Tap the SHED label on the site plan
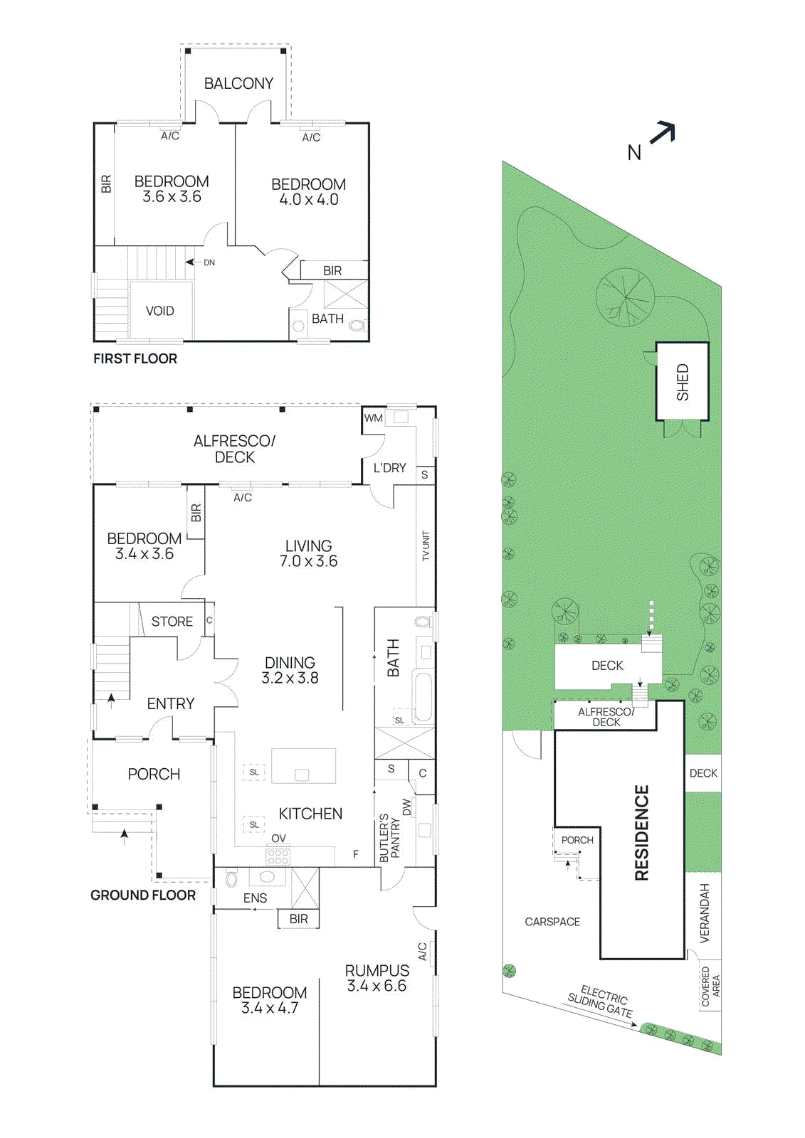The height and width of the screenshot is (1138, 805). pyautogui.click(x=683, y=382)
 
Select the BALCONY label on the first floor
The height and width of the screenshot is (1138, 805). pyautogui.click(x=238, y=84)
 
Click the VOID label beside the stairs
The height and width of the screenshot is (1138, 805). pyautogui.click(x=159, y=311)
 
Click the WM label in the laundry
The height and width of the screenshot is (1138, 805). pyautogui.click(x=373, y=418)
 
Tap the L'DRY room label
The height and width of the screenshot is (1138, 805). pyautogui.click(x=389, y=468)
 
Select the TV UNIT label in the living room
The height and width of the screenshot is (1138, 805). pyautogui.click(x=426, y=546)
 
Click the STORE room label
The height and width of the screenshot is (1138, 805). pyautogui.click(x=172, y=622)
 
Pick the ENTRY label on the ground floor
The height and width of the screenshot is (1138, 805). pyautogui.click(x=170, y=703)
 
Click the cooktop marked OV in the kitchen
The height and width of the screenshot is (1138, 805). pyautogui.click(x=278, y=856)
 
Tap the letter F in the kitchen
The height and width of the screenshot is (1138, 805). pyautogui.click(x=356, y=854)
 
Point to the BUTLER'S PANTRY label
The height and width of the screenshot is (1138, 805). pyautogui.click(x=389, y=838)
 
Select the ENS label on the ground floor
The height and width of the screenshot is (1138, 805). pyautogui.click(x=255, y=898)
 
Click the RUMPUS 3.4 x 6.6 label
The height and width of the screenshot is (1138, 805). pyautogui.click(x=377, y=978)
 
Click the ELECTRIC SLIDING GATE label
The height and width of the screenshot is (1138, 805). pyautogui.click(x=602, y=1001)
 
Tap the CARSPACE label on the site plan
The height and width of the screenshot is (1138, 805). pyautogui.click(x=552, y=922)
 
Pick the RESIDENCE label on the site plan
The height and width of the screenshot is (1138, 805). pyautogui.click(x=642, y=832)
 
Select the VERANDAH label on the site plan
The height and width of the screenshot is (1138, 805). pyautogui.click(x=705, y=913)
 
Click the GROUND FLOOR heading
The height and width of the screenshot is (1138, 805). pyautogui.click(x=142, y=895)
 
